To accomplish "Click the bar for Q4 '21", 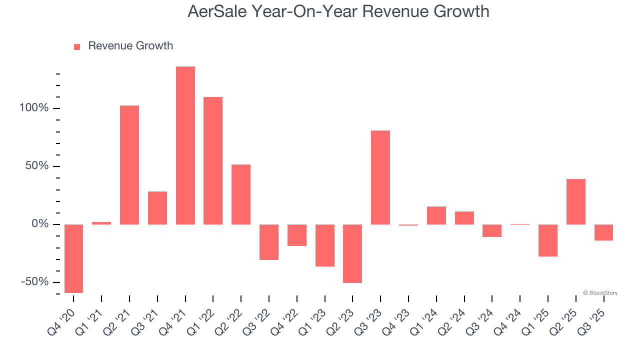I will tap(185, 145).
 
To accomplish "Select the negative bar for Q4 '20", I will tap(73, 258).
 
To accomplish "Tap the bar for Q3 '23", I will tap(380, 177).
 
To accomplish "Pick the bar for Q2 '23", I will tap(352, 253).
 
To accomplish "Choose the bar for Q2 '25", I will tap(576, 201).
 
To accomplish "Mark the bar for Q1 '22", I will tap(213, 160).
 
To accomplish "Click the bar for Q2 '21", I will tap(129, 165).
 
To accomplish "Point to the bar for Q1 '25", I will tap(548, 240).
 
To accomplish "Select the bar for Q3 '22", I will tap(269, 242).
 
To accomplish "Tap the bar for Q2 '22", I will tap(241, 194).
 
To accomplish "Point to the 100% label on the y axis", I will tap(34, 108).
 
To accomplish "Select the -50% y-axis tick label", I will tap(35, 282).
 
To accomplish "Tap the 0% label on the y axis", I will tap(39, 224).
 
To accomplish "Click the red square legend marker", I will tap(77, 47).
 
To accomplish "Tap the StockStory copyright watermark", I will tap(600, 293).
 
